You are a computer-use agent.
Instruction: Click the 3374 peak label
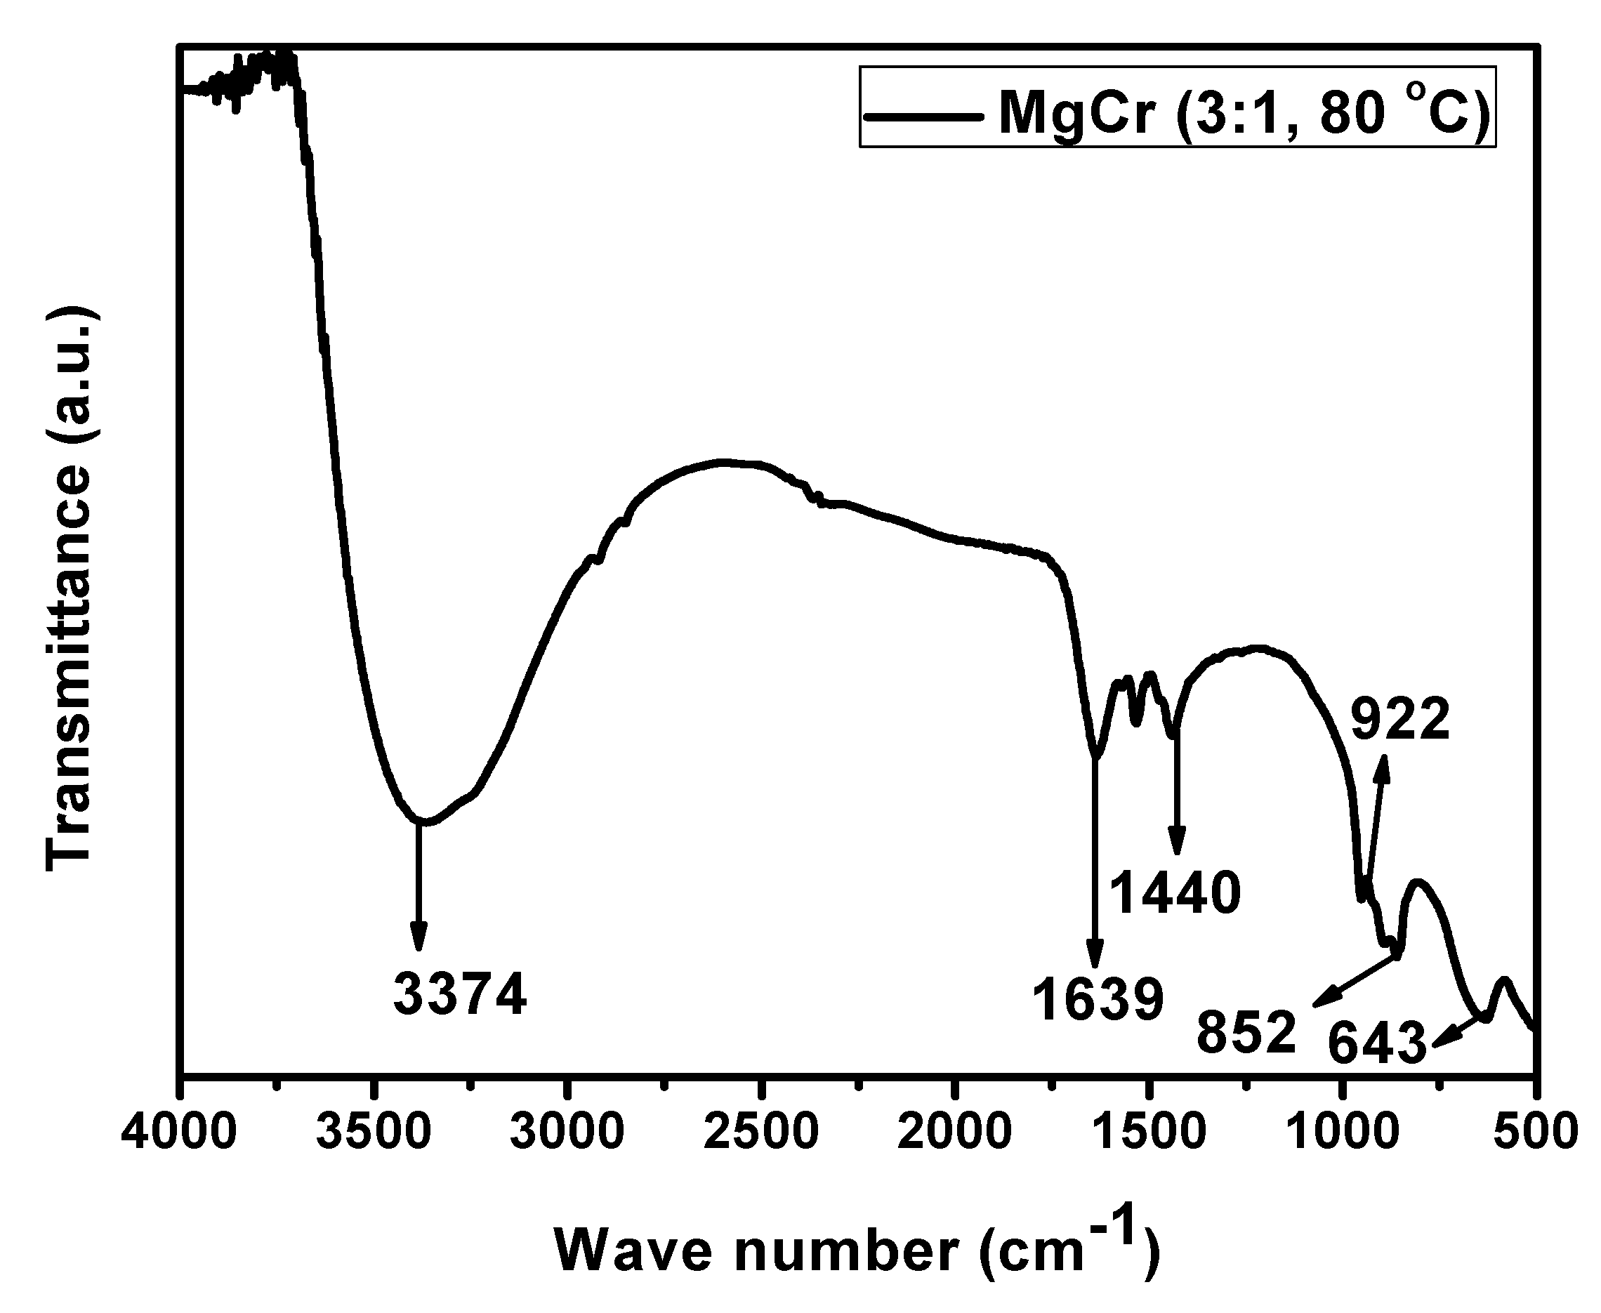click(x=460, y=995)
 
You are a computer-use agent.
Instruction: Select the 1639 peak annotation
click(x=1098, y=999)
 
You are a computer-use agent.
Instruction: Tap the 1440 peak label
click(x=1175, y=892)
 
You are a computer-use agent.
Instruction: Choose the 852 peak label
click(x=1246, y=1032)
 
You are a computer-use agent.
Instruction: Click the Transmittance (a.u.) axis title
click(x=69, y=589)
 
